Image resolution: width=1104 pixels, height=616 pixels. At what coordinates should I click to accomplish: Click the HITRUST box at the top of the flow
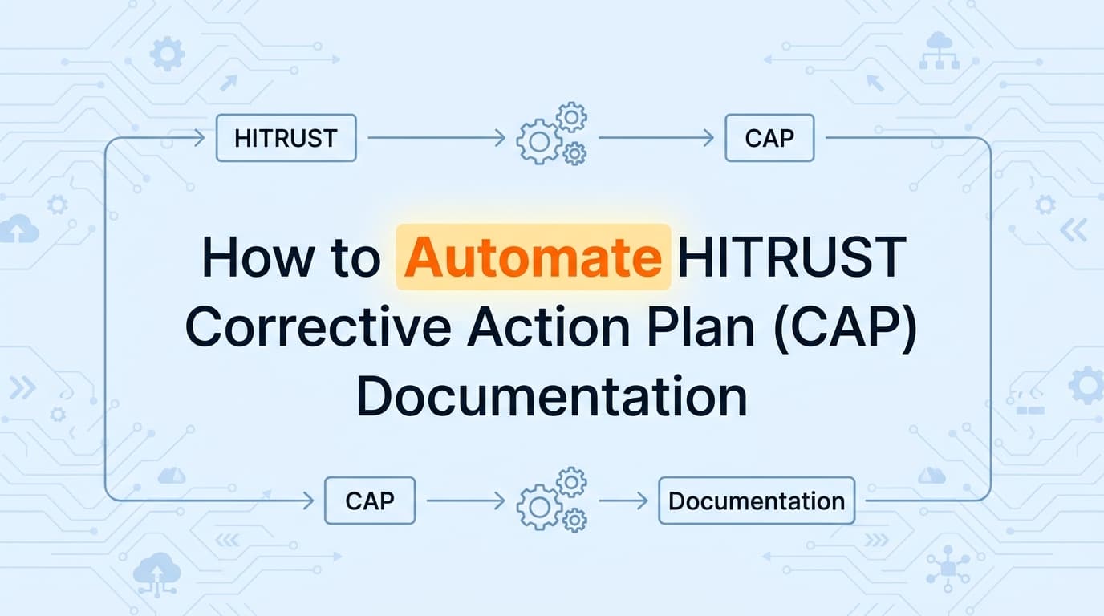pos(286,139)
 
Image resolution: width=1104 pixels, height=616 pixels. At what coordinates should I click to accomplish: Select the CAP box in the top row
pos(769,139)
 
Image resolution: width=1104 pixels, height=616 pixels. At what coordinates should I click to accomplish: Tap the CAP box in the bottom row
pos(369,501)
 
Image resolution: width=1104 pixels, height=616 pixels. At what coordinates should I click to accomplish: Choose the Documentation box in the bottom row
pos(756,501)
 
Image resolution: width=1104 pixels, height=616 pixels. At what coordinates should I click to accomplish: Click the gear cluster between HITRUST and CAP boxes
pos(553,134)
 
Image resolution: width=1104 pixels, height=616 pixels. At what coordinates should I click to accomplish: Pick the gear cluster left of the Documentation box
pos(553,500)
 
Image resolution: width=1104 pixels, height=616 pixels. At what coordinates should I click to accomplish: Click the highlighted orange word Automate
pos(534,257)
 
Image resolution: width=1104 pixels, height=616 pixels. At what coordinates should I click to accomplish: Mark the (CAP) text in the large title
pos(851,327)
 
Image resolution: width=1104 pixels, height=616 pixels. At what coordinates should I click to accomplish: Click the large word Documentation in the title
pos(552,397)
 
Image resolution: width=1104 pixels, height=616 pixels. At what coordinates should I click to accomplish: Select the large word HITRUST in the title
pos(791,257)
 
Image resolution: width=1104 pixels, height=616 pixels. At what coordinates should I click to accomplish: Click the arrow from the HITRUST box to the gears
pos(436,139)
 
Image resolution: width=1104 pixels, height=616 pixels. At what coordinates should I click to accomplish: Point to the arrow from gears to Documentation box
pos(623,501)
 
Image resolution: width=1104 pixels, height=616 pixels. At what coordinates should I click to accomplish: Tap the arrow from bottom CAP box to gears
pos(465,501)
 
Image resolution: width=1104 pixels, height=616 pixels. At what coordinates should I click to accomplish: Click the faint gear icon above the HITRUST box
pos(167,55)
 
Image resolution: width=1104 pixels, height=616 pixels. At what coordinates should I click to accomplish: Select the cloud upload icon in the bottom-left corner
pos(157,570)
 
